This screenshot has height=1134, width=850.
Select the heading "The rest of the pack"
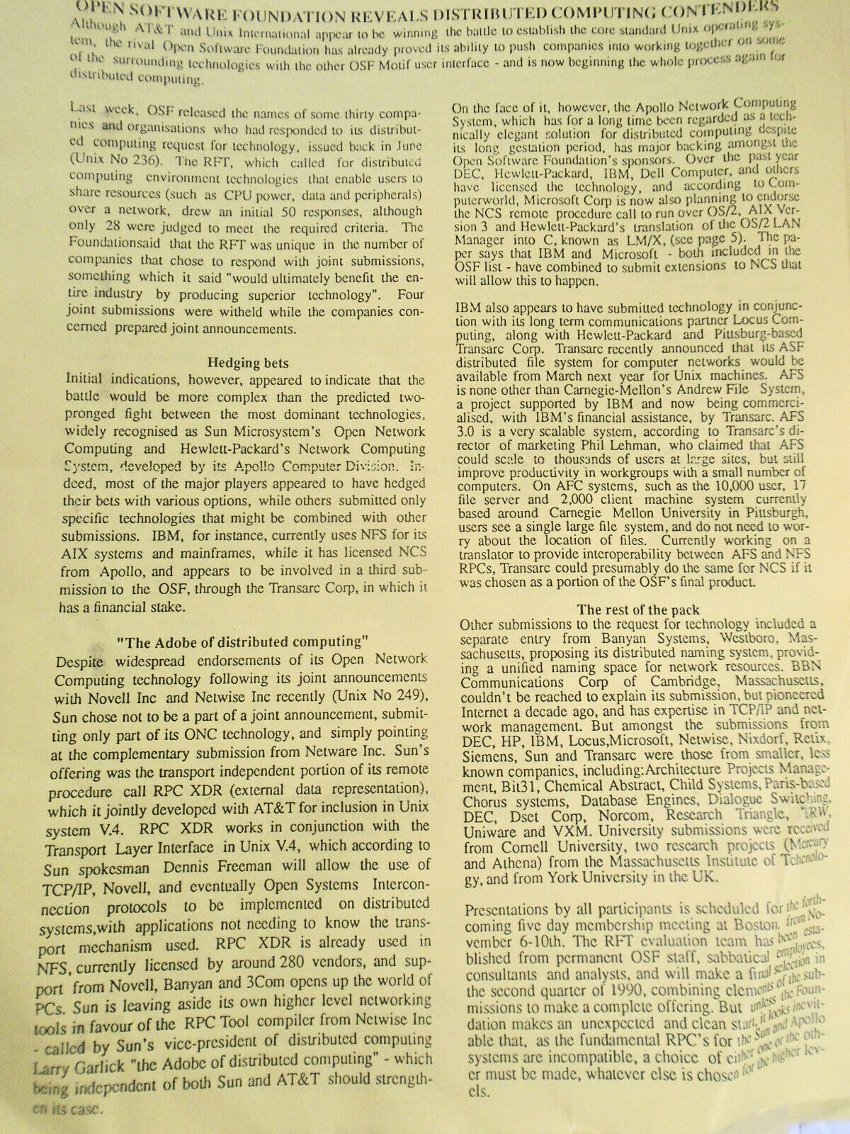point(638,609)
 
